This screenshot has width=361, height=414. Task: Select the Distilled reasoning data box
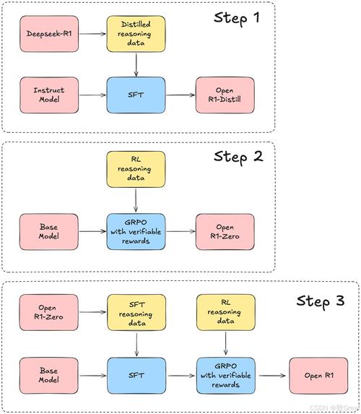click(136, 33)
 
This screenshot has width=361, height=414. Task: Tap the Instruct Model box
click(49, 95)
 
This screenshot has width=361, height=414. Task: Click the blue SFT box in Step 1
click(136, 95)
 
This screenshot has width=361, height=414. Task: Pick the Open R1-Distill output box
click(223, 95)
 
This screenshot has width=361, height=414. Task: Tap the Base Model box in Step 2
click(49, 231)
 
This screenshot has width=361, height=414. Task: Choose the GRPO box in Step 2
click(136, 231)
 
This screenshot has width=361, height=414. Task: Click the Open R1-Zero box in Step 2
click(223, 231)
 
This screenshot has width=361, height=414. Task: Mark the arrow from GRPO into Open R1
click(271, 375)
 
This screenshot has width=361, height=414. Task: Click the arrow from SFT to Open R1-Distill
click(180, 95)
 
